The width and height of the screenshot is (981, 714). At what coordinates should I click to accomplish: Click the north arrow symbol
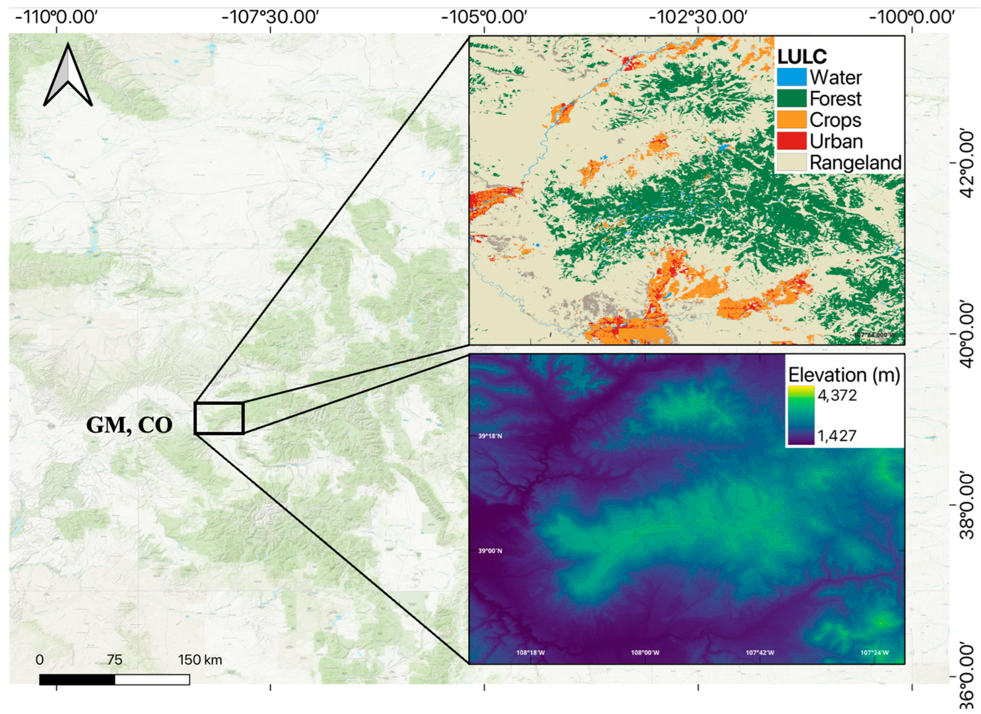click(x=68, y=76)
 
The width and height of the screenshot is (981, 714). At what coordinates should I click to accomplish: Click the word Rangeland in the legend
click(x=855, y=163)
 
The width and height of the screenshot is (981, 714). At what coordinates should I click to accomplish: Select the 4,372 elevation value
click(x=837, y=395)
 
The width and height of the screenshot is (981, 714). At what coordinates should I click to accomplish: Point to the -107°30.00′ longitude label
click(x=270, y=17)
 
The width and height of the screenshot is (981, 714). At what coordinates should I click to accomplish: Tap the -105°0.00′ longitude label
click(x=485, y=17)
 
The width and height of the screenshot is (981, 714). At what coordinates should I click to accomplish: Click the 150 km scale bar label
click(x=200, y=660)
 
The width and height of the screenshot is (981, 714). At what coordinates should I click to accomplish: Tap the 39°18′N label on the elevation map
click(x=490, y=436)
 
